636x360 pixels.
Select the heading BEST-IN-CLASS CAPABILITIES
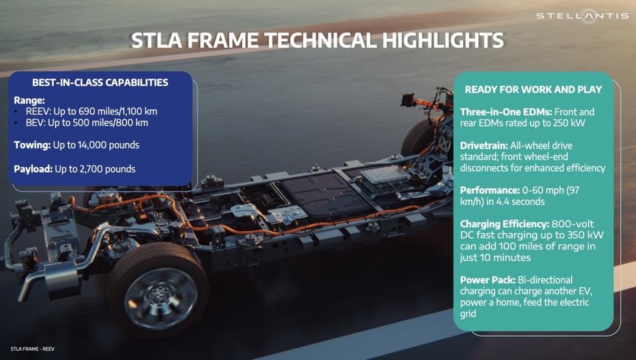tap(100, 83)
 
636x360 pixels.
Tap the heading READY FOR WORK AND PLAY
tap(533, 90)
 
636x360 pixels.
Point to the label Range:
tap(29, 100)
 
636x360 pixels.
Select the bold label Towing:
tap(32, 145)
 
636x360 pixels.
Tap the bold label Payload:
tap(33, 169)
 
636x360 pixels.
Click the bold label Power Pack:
tap(487, 280)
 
